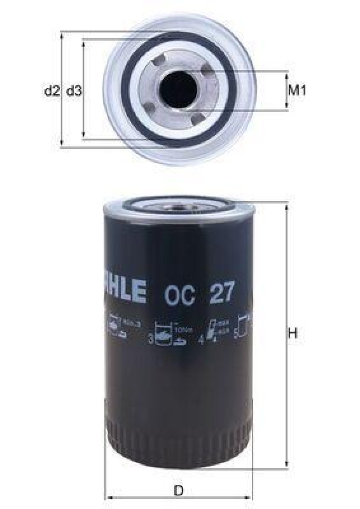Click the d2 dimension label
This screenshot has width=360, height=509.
(x=52, y=91)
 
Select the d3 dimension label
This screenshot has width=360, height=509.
(x=73, y=91)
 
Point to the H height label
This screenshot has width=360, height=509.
(x=293, y=333)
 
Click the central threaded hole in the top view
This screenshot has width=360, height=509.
(x=177, y=90)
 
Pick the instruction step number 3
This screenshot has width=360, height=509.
(x=151, y=340)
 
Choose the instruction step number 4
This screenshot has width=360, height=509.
(x=201, y=340)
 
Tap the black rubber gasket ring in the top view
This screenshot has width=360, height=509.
(x=137, y=115)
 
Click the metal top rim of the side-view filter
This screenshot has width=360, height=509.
(x=179, y=206)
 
